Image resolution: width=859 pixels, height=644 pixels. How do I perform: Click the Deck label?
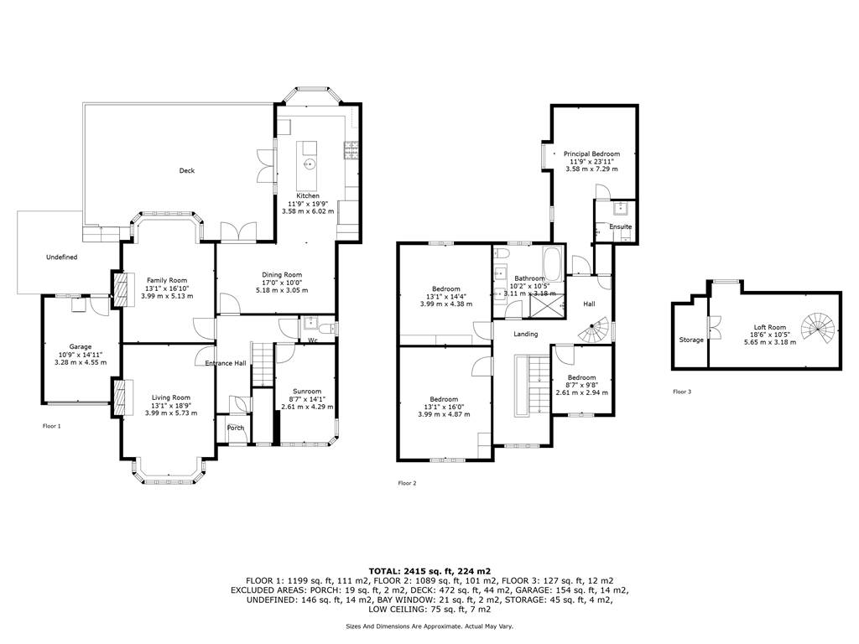click(187, 170)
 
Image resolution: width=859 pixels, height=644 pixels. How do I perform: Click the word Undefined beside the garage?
click(62, 257)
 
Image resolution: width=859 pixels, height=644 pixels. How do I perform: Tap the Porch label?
click(236, 428)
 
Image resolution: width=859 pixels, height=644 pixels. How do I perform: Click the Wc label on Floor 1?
click(314, 340)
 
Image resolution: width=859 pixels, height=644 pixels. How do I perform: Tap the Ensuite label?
click(621, 226)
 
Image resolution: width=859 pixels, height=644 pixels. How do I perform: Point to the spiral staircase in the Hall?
click(595, 329)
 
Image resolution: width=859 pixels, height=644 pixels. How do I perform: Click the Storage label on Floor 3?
click(691, 340)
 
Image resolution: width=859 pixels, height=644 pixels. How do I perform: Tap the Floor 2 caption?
click(407, 483)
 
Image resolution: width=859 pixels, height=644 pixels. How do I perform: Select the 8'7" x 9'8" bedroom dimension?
click(582, 385)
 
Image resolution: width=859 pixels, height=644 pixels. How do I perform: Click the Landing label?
click(525, 334)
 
